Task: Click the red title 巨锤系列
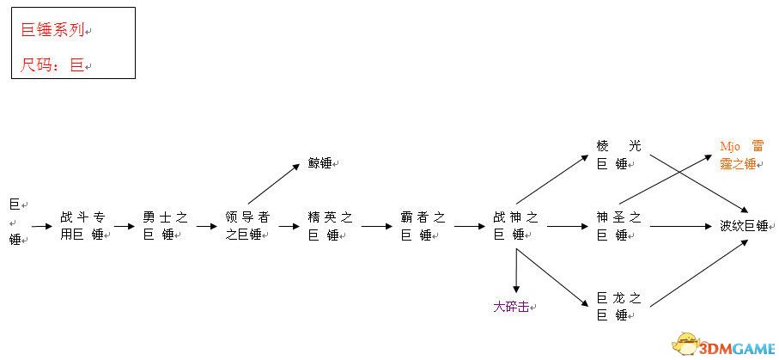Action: point(52,30)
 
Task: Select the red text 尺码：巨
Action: point(52,64)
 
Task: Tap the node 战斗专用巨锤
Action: point(84,226)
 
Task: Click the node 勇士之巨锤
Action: point(166,226)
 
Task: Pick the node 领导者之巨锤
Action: point(246,226)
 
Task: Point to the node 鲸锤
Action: point(320,163)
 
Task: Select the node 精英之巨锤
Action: point(330,226)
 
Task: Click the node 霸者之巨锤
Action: point(423,226)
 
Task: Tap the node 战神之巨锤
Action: point(515,226)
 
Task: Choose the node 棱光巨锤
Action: point(619,155)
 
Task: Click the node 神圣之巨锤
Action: point(619,226)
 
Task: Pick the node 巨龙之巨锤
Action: point(619,307)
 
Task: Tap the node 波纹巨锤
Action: point(744,226)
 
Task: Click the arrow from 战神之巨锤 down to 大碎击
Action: point(516,271)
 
